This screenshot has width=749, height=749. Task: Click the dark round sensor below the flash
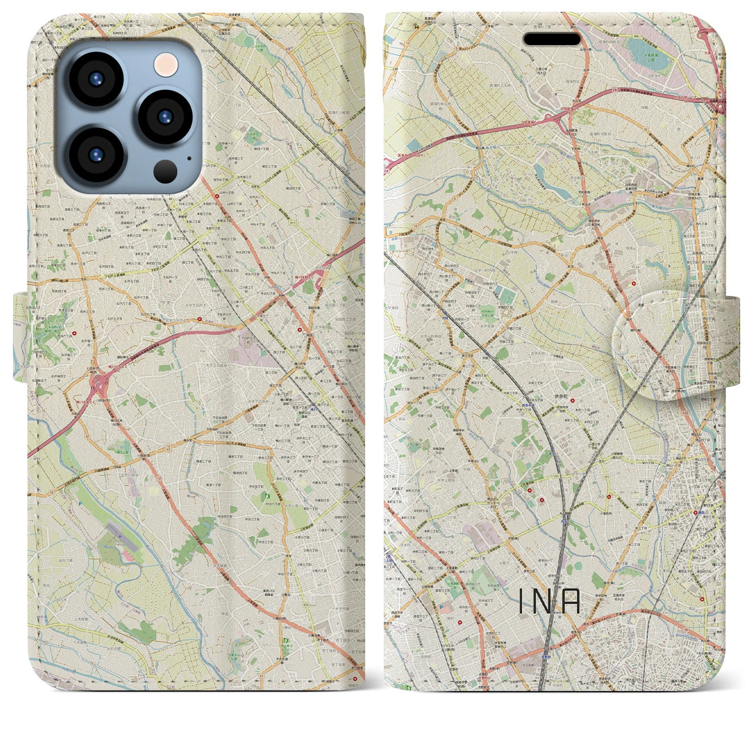[x=166, y=171]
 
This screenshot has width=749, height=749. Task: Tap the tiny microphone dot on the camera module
[x=188, y=158]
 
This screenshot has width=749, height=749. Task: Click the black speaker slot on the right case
[x=552, y=39]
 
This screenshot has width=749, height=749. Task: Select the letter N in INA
[x=544, y=602]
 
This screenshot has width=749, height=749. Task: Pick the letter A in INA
[x=571, y=602]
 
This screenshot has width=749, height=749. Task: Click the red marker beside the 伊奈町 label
[x=572, y=401]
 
